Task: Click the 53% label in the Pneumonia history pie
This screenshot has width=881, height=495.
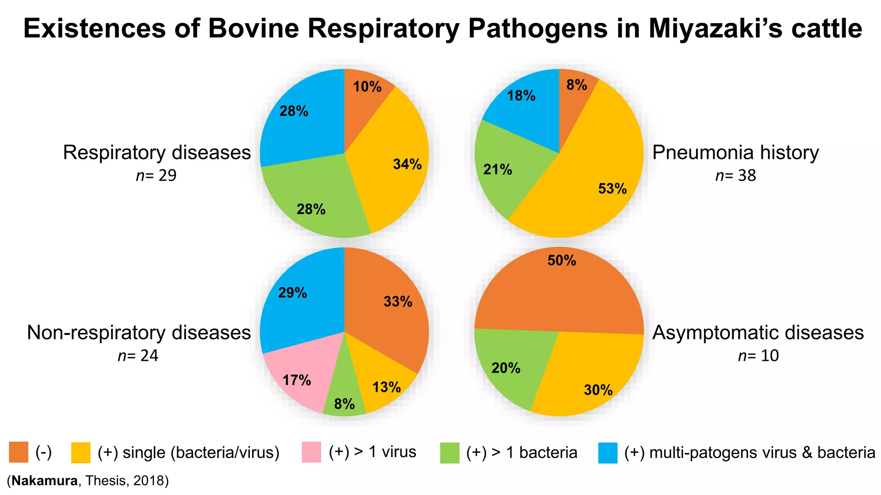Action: [x=612, y=189]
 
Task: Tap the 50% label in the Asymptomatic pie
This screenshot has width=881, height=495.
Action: [x=562, y=260]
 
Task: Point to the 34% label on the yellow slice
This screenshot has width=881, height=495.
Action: [x=407, y=164]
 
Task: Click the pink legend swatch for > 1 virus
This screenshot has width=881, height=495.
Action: [x=311, y=452]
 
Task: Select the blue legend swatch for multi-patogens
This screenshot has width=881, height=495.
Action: [x=608, y=452]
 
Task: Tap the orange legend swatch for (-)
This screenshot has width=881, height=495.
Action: [x=18, y=452]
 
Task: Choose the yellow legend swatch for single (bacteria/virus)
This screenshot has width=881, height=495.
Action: [x=81, y=452]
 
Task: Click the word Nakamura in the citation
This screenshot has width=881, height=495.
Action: [x=45, y=480]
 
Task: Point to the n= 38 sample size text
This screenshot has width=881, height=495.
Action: [x=736, y=175]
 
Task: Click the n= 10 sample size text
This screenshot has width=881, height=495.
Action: [x=758, y=356]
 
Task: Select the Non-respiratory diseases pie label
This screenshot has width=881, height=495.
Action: [x=139, y=333]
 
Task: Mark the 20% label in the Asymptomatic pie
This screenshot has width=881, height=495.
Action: [x=506, y=368]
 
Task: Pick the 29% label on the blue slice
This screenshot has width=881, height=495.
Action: [x=293, y=293]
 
